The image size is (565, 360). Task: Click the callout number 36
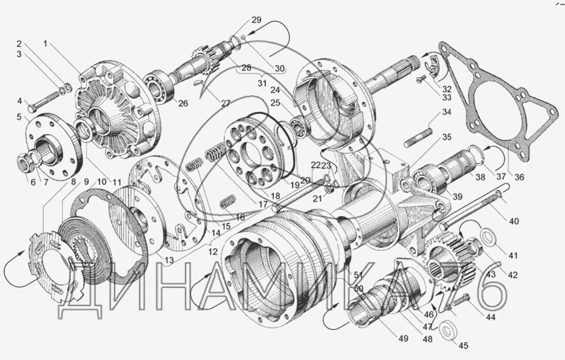[519, 177]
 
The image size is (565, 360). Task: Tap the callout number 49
[403, 338]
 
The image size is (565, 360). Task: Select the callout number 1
[45, 44]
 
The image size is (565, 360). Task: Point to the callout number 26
[183, 103]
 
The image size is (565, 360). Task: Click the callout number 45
[463, 346]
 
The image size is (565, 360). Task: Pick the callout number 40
[514, 221]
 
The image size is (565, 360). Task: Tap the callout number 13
[169, 260]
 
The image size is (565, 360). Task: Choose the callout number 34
[446, 112]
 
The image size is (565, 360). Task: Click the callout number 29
[257, 20]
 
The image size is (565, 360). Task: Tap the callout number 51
[358, 275]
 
